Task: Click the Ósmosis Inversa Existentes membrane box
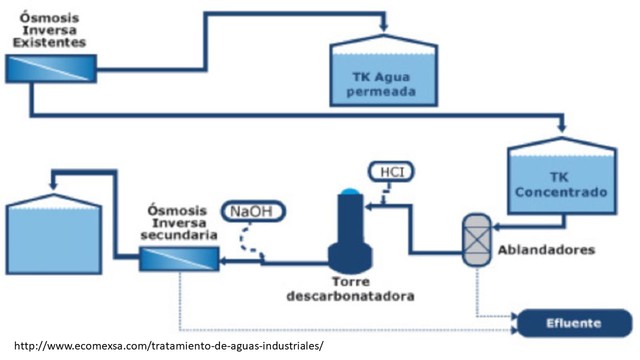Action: [x=50, y=67]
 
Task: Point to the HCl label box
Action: [x=387, y=172]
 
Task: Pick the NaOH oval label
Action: [x=252, y=211]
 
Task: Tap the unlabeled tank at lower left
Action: [x=56, y=229]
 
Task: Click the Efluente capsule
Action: [x=572, y=323]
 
